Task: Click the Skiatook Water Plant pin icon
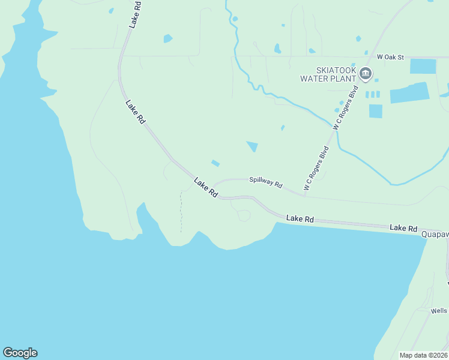pyautogui.click(x=366, y=73)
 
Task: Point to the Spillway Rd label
pyautogui.click(x=265, y=182)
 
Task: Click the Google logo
pyautogui.click(x=20, y=353)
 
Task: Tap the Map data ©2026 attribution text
pyautogui.click(x=423, y=355)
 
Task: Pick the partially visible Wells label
pyautogui.click(x=439, y=311)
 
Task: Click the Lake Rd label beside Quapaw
pyautogui.click(x=403, y=228)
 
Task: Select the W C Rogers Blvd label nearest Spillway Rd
pyautogui.click(x=316, y=169)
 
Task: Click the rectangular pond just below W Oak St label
pyautogui.click(x=423, y=66)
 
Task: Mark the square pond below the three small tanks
pyautogui.click(x=375, y=111)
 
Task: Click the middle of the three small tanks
pyautogui.click(x=372, y=94)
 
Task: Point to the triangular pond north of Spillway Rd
pyautogui.click(x=253, y=146)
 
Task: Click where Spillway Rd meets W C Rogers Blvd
pyautogui.click(x=304, y=195)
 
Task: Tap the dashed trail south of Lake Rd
pyautogui.click(x=181, y=213)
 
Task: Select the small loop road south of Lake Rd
pyautogui.click(x=243, y=215)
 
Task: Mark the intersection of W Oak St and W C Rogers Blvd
pyautogui.click(x=372, y=57)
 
